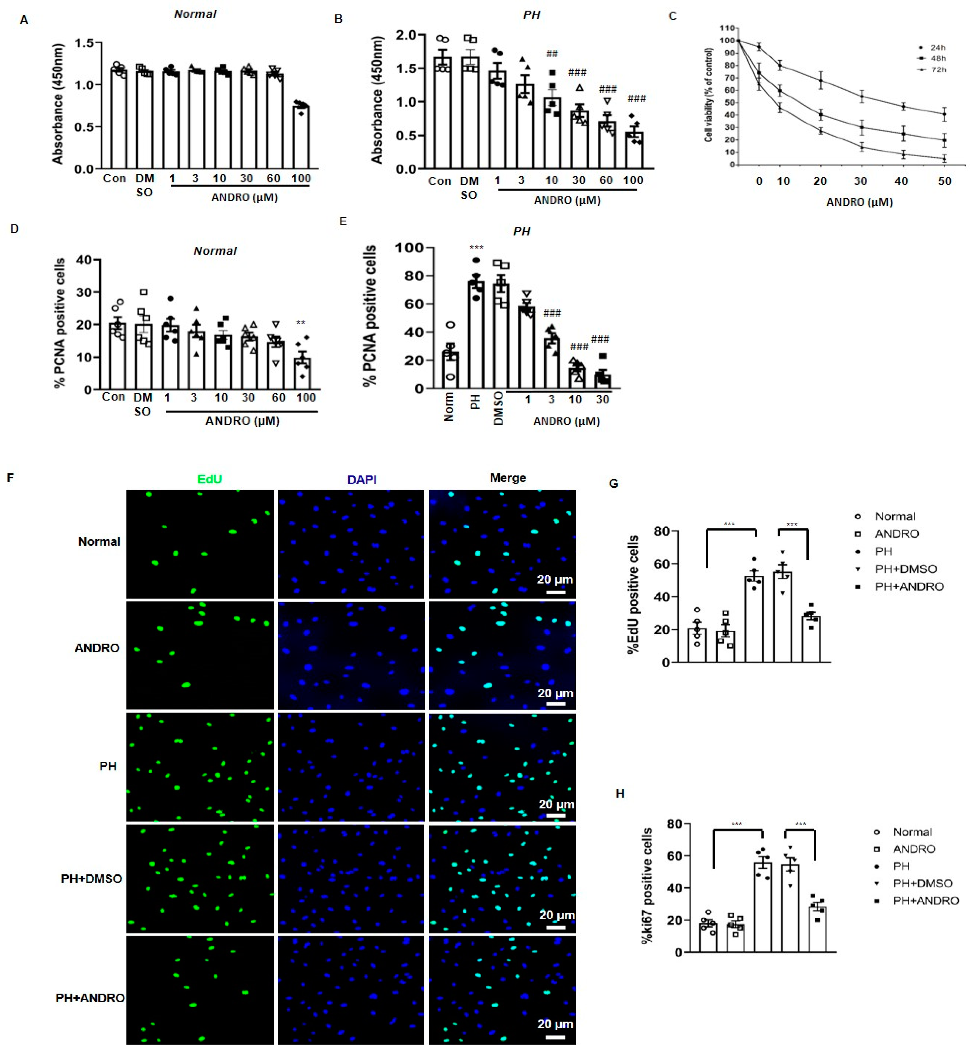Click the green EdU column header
point(209,479)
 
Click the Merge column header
point(508,478)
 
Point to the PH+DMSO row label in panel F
point(91,878)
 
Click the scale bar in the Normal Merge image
point(556,592)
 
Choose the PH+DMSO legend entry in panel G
point(905,569)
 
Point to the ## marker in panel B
point(552,54)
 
